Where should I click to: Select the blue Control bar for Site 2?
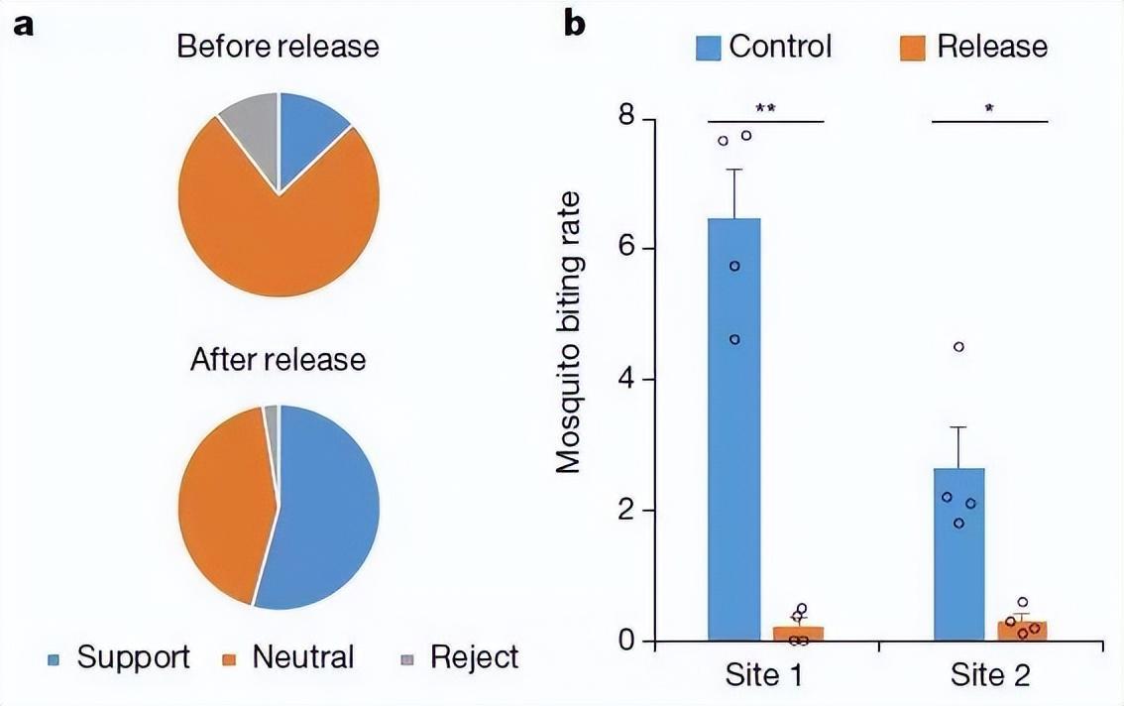pyautogui.click(x=958, y=555)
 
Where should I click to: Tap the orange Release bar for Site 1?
pyautogui.click(x=798, y=633)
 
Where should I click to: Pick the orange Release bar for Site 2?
pyautogui.click(x=1022, y=630)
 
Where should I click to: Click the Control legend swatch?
pyautogui.click(x=709, y=47)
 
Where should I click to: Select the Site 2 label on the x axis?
pyautogui.click(x=990, y=676)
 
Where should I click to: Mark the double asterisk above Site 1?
pyautogui.click(x=765, y=108)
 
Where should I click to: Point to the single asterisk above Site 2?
pyautogui.click(x=990, y=108)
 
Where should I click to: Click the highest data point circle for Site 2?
pyautogui.click(x=958, y=347)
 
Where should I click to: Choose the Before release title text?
pyautogui.click(x=278, y=47)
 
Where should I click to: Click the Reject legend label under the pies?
pyautogui.click(x=474, y=656)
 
